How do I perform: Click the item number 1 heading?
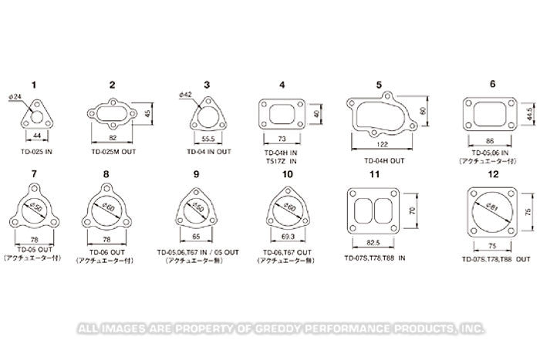[33, 83]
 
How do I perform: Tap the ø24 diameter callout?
[21, 97]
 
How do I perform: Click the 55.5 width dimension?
[207, 136]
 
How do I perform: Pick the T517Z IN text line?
[281, 162]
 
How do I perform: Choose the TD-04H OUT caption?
[383, 162]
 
